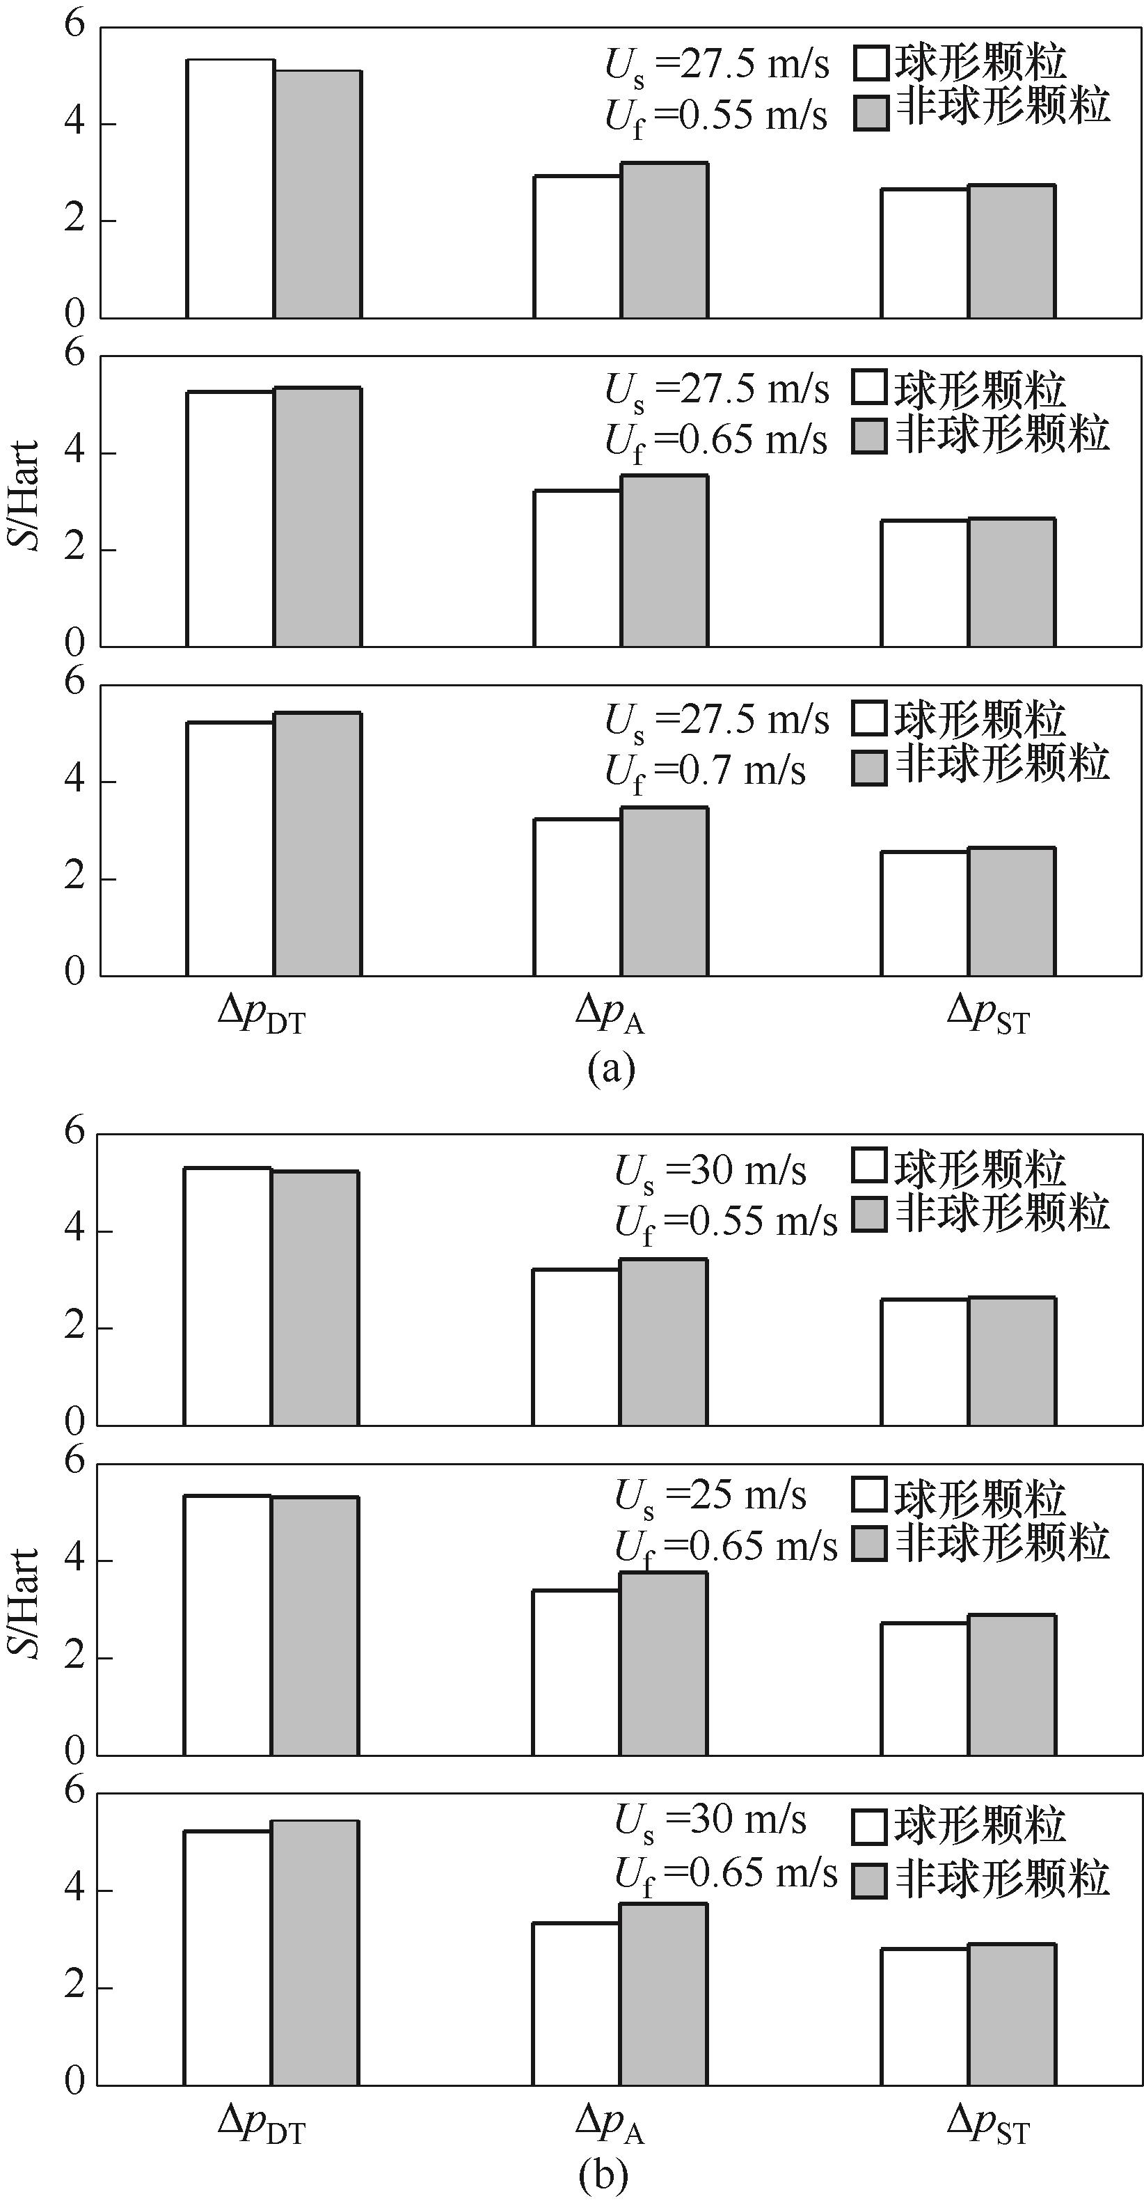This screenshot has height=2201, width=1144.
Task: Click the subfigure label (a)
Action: pos(611,1067)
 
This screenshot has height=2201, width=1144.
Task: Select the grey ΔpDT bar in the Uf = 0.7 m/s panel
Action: pos(318,844)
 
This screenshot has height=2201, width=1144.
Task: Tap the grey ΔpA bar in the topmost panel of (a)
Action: pos(665,240)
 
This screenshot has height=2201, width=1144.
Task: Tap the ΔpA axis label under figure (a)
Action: pos(609,1014)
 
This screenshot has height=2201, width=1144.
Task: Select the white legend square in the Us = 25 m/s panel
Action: pos(870,1494)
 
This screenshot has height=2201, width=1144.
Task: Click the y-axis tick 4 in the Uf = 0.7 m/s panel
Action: pos(75,780)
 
